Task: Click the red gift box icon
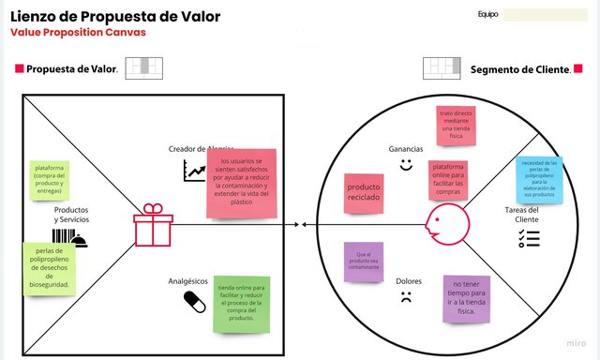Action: pyautogui.click(x=153, y=226)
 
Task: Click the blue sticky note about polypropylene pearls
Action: pyautogui.click(x=538, y=179)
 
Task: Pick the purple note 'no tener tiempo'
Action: pyautogui.click(x=467, y=299)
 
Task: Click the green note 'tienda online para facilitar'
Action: pyautogui.click(x=241, y=302)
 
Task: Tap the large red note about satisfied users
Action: pyautogui.click(x=243, y=182)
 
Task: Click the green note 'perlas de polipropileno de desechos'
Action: pyautogui.click(x=51, y=266)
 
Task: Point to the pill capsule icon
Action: pyautogui.click(x=194, y=301)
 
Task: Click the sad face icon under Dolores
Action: pyautogui.click(x=406, y=300)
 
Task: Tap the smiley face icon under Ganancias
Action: pyautogui.click(x=406, y=165)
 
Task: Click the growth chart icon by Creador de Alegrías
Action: pyautogui.click(x=195, y=170)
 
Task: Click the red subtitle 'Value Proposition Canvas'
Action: pyautogui.click(x=78, y=32)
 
